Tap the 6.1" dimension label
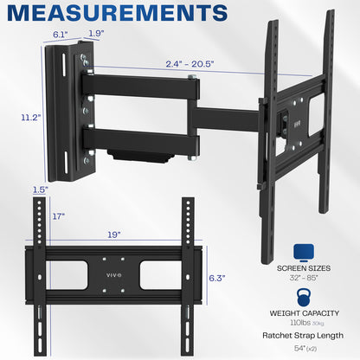click(61, 34)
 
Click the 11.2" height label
click(15, 118)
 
